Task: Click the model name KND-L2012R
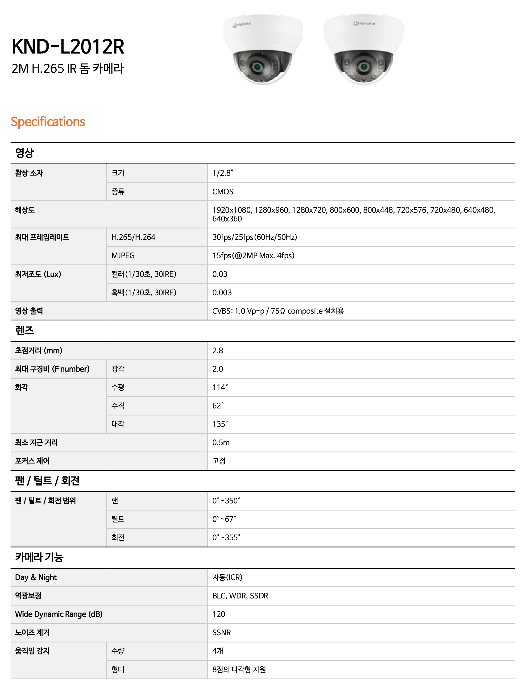[68, 47]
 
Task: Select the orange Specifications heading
[48, 122]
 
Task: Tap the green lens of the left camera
[257, 67]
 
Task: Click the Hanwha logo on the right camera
[364, 24]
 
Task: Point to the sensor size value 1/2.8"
[223, 173]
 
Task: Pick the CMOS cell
[223, 192]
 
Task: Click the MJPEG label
[123, 256]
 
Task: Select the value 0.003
[222, 292]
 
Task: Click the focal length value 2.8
[218, 350]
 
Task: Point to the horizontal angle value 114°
[220, 387]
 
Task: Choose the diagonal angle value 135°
[220, 424]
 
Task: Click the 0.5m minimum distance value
[221, 443]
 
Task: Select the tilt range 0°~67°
[224, 519]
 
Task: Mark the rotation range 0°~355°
[226, 538]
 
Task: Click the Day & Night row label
[36, 577]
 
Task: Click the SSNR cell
[221, 633]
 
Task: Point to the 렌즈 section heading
[25, 331]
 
